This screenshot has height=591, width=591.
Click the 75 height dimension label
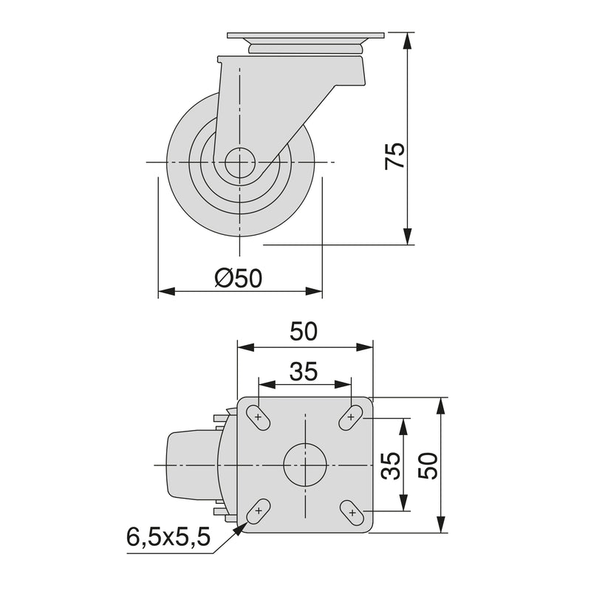click(397, 156)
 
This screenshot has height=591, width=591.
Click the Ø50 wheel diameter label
click(239, 278)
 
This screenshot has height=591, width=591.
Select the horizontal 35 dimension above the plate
click(304, 372)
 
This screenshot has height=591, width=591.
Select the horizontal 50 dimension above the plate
click(304, 332)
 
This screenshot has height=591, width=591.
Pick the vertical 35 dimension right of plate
click(393, 465)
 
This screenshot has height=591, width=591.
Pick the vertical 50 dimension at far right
click(431, 465)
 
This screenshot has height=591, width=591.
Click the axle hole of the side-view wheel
click(239, 163)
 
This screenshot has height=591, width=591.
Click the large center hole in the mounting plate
click(304, 465)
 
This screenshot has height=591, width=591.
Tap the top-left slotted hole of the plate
click(259, 417)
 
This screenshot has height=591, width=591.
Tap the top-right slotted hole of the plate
click(350, 417)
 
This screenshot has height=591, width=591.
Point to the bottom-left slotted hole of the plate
click(259, 510)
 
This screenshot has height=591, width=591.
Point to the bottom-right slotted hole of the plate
click(352, 510)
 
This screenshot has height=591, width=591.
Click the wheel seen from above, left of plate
click(190, 465)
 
